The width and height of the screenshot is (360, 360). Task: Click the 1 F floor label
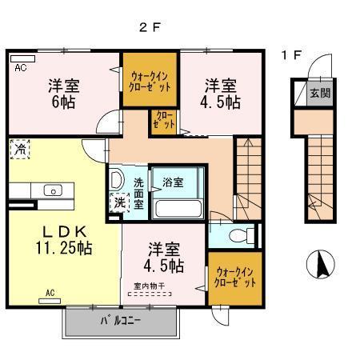click(x=290, y=55)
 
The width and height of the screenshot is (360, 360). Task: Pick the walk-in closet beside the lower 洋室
click(x=235, y=278)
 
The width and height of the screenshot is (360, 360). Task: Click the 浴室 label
click(x=174, y=182)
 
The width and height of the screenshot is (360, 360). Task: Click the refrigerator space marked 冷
click(x=18, y=149)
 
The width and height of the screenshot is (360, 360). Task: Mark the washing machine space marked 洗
click(x=119, y=203)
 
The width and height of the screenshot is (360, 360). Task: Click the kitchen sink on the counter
click(x=54, y=190)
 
